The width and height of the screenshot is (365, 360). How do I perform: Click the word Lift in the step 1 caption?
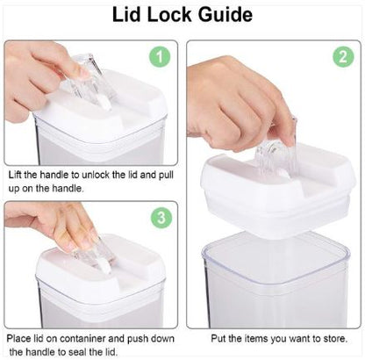16,174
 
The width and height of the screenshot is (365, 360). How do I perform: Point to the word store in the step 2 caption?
344,337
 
